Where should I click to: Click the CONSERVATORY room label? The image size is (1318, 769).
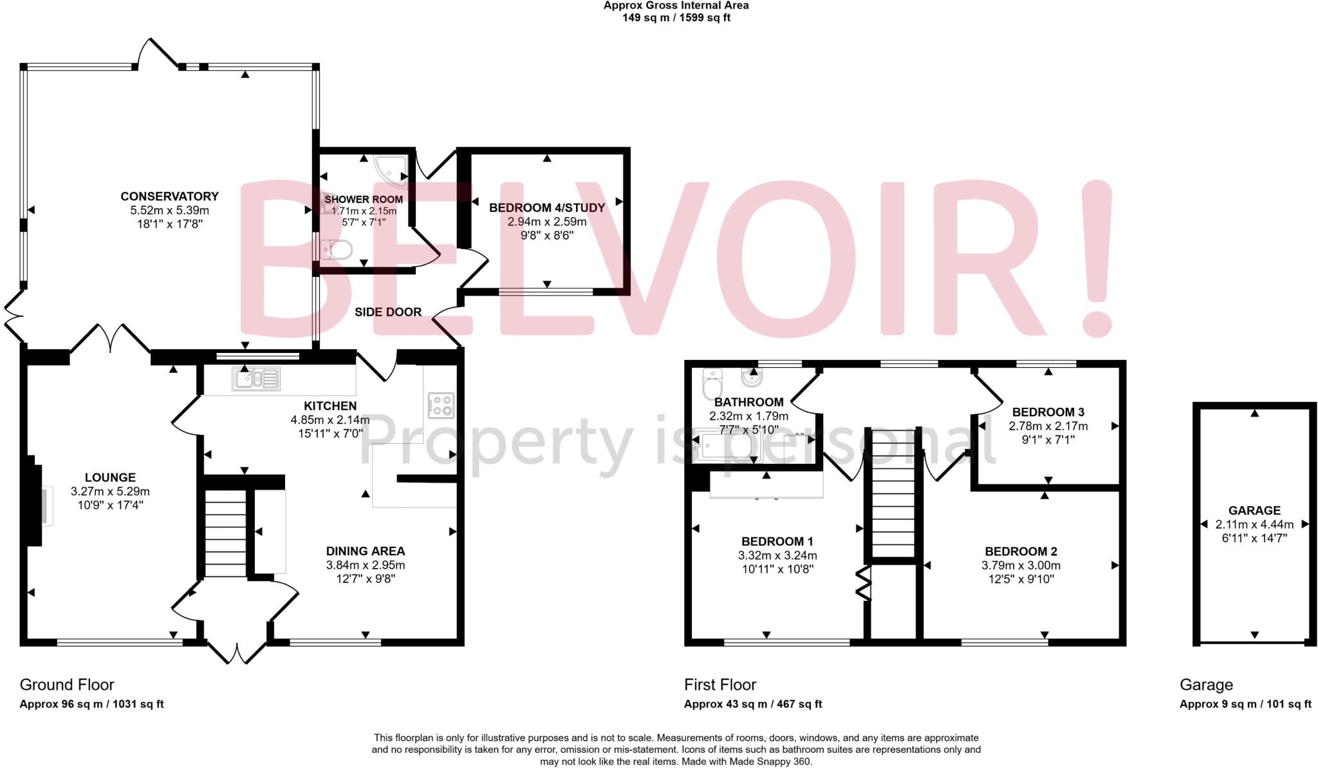coord(169,196)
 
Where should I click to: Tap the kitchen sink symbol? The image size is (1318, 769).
coord(256,379)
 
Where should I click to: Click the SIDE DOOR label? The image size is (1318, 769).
coord(388,312)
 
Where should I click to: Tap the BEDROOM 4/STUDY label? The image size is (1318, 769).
coord(547,208)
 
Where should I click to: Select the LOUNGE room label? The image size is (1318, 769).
coord(110,478)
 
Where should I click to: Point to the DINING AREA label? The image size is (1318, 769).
coord(366,551)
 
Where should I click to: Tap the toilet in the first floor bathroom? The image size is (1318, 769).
coord(712,385)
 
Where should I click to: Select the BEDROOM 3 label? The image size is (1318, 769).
coord(1048,412)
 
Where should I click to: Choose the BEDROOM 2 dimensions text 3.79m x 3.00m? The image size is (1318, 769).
coord(1021,565)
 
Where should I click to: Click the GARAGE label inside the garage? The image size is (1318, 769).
coord(1254,511)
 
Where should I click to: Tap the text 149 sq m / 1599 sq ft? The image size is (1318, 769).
coord(676,18)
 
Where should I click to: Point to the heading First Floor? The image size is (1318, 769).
coord(720,685)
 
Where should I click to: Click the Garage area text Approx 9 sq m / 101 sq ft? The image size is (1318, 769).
coord(1245,704)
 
